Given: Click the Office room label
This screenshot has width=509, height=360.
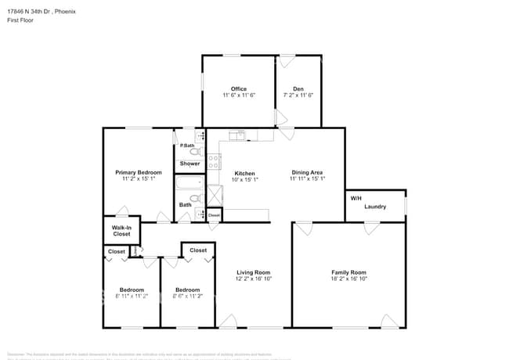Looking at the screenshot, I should [239, 88].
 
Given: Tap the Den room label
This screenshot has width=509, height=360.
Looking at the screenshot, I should [298, 88].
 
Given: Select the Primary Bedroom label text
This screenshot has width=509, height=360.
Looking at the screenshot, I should [139, 172].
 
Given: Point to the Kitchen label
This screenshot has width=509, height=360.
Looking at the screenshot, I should [245, 172].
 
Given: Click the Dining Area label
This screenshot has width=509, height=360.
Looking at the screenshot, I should [307, 172].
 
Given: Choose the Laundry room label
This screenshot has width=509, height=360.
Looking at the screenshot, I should [375, 207].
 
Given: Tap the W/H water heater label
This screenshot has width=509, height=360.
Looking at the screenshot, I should [356, 198].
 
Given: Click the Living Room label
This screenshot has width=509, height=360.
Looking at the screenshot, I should [254, 272].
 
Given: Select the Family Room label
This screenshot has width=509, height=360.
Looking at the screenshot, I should [348, 272].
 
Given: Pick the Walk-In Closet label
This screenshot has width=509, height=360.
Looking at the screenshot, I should [121, 231].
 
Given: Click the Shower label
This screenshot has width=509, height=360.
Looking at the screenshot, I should [190, 164].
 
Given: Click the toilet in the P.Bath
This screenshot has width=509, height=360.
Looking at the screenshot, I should [185, 152].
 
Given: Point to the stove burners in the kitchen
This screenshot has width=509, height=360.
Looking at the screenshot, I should [213, 163].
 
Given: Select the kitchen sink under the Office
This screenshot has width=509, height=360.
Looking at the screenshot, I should [237, 136].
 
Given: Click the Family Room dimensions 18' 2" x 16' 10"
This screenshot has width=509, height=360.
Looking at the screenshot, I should [348, 279].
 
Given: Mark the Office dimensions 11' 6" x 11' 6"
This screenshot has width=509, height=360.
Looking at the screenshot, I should [239, 95].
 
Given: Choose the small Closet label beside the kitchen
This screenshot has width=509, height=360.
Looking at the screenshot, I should [214, 214].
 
